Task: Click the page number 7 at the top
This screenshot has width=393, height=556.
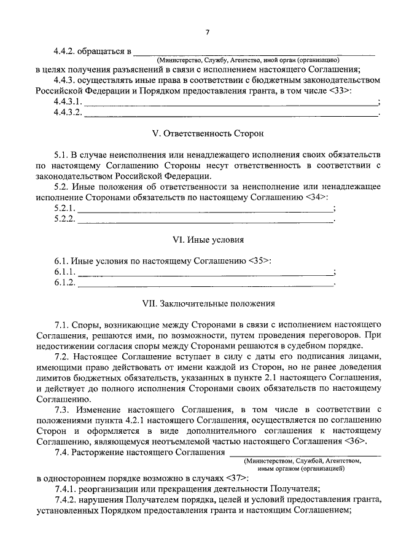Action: [x=208, y=31]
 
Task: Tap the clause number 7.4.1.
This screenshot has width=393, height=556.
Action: [x=68, y=489]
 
